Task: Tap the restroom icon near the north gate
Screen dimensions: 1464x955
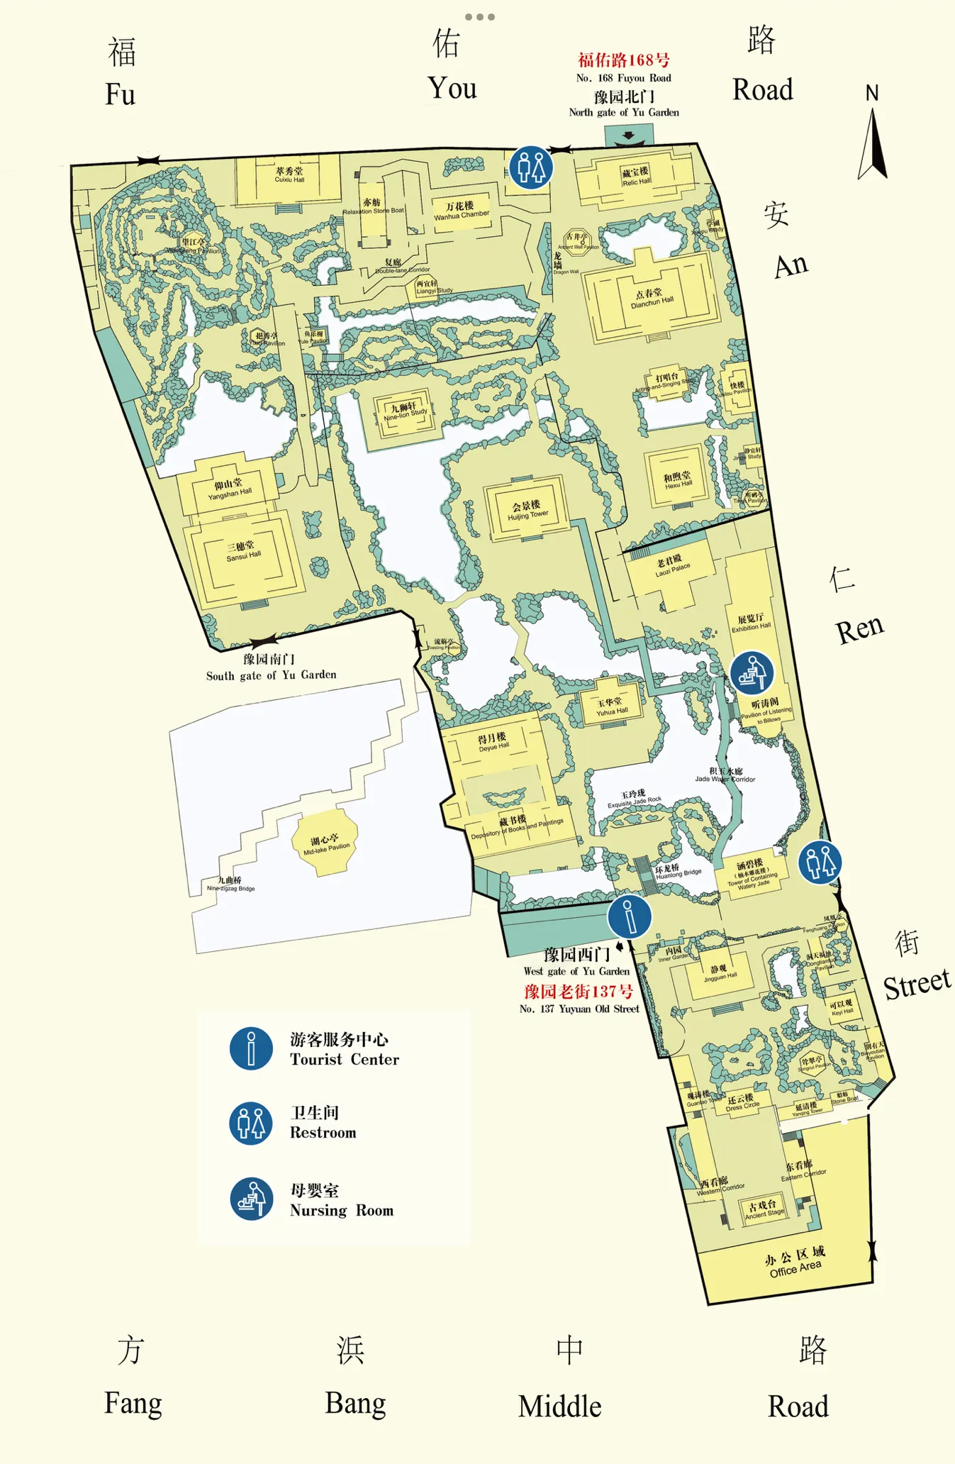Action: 531,168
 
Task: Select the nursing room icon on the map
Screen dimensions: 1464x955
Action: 752,672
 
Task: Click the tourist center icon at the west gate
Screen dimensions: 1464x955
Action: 629,916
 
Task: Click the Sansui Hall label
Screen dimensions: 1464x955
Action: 243,551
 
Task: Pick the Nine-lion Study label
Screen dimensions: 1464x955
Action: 405,411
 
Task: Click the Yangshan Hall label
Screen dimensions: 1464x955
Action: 229,489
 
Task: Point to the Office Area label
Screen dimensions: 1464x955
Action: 795,1262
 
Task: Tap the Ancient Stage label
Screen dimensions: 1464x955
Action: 764,1209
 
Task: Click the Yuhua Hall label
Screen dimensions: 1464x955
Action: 611,706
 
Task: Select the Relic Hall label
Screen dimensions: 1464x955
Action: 636,177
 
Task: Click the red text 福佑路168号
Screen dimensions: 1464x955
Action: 623,60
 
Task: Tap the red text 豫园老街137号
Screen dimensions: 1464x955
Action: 579,991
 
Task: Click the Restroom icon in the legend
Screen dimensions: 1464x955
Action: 251,1124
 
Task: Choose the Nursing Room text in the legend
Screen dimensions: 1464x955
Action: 341,1211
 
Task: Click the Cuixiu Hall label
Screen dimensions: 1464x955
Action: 289,174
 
